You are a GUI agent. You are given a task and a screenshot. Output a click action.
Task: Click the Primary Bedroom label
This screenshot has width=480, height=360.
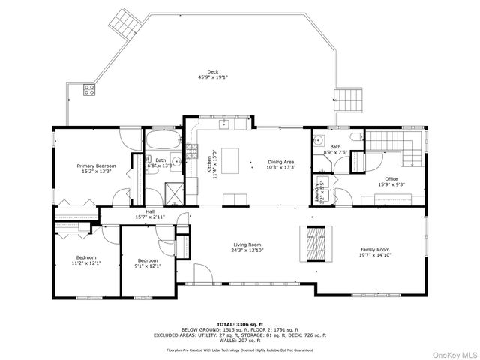tap(96, 165)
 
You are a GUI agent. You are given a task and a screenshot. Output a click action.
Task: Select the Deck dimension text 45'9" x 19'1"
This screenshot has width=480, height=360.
tap(212, 76)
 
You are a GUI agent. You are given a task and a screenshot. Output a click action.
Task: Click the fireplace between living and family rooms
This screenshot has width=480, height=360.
tap(313, 242)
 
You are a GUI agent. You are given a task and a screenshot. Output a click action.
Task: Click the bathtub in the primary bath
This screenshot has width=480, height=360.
tap(161, 140)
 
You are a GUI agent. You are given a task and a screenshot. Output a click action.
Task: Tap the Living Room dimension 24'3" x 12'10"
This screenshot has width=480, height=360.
tap(247, 250)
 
